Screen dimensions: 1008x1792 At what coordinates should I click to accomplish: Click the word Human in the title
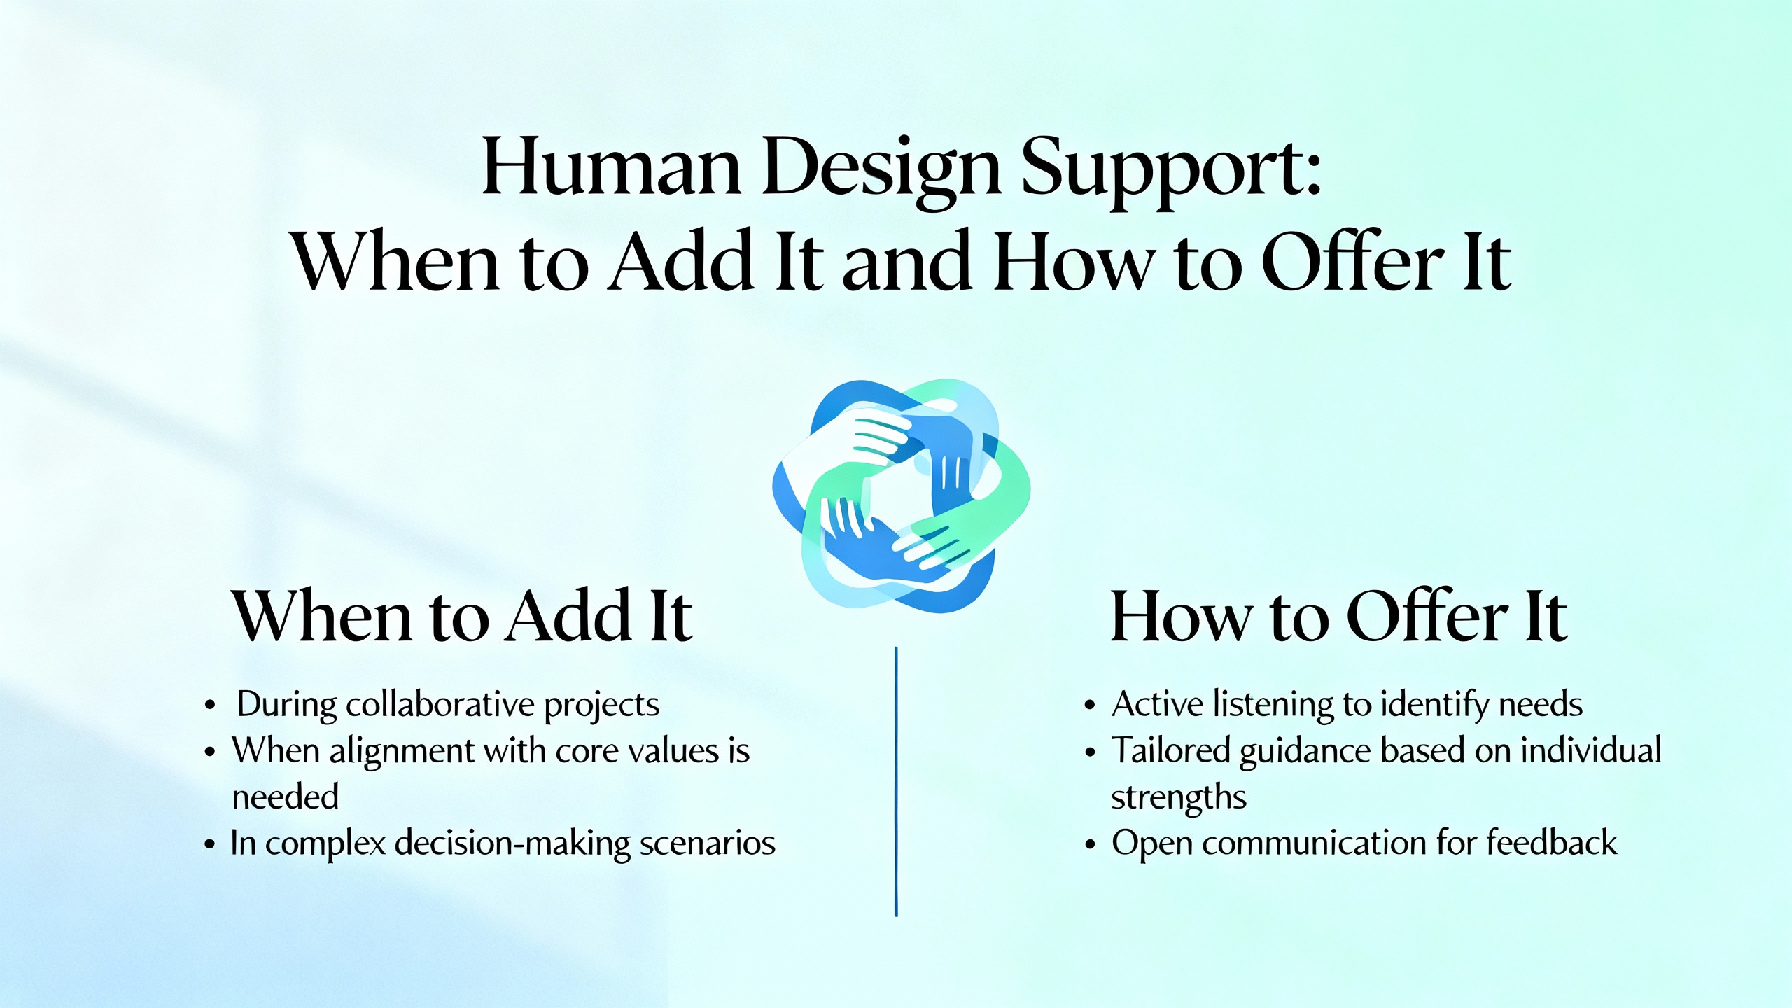(612, 168)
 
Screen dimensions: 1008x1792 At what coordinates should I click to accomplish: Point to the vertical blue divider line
(896, 780)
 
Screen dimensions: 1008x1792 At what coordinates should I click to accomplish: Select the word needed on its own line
(286, 797)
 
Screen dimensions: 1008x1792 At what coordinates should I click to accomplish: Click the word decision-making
(512, 843)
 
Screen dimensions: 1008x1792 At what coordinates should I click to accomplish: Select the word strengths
(1179, 797)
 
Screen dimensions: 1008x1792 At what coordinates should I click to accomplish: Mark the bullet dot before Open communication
(1089, 845)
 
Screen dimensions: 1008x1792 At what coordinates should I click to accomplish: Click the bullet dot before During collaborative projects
(209, 706)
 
